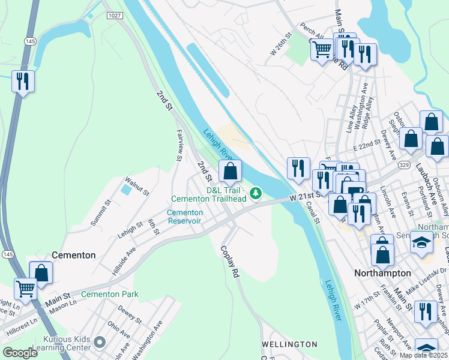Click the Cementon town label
73,255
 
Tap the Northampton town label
382,273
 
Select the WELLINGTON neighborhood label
289,344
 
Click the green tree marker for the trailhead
256,193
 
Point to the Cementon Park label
110,294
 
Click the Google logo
20,352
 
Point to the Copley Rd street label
230,262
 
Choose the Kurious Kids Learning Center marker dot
100,343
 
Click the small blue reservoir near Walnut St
125,190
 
